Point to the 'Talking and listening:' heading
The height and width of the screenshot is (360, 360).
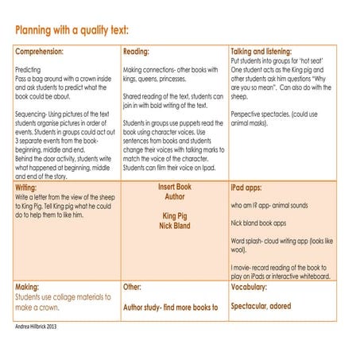click(x=261, y=51)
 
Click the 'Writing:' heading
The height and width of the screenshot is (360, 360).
click(x=31, y=188)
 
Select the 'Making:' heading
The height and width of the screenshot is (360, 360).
click(x=31, y=286)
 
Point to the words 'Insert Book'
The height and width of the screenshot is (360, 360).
click(x=174, y=187)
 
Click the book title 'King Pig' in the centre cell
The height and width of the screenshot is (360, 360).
click(x=174, y=215)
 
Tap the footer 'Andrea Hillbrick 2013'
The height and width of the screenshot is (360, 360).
click(x=42, y=326)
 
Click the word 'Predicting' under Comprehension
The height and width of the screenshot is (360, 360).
click(x=31, y=70)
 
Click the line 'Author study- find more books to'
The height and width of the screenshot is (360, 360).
click(x=170, y=306)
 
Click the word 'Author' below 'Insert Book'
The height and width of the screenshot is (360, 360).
click(x=174, y=196)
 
